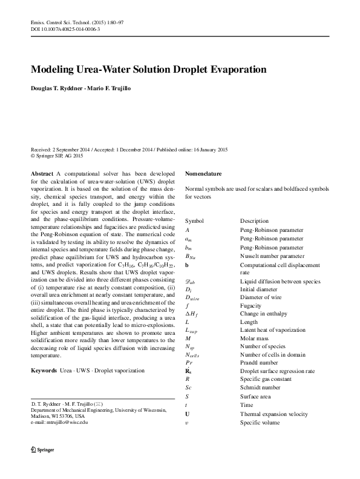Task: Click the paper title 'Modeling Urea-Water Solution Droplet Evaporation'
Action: pos(148,70)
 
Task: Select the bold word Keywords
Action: pos(44,369)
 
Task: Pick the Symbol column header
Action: pos(195,221)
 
